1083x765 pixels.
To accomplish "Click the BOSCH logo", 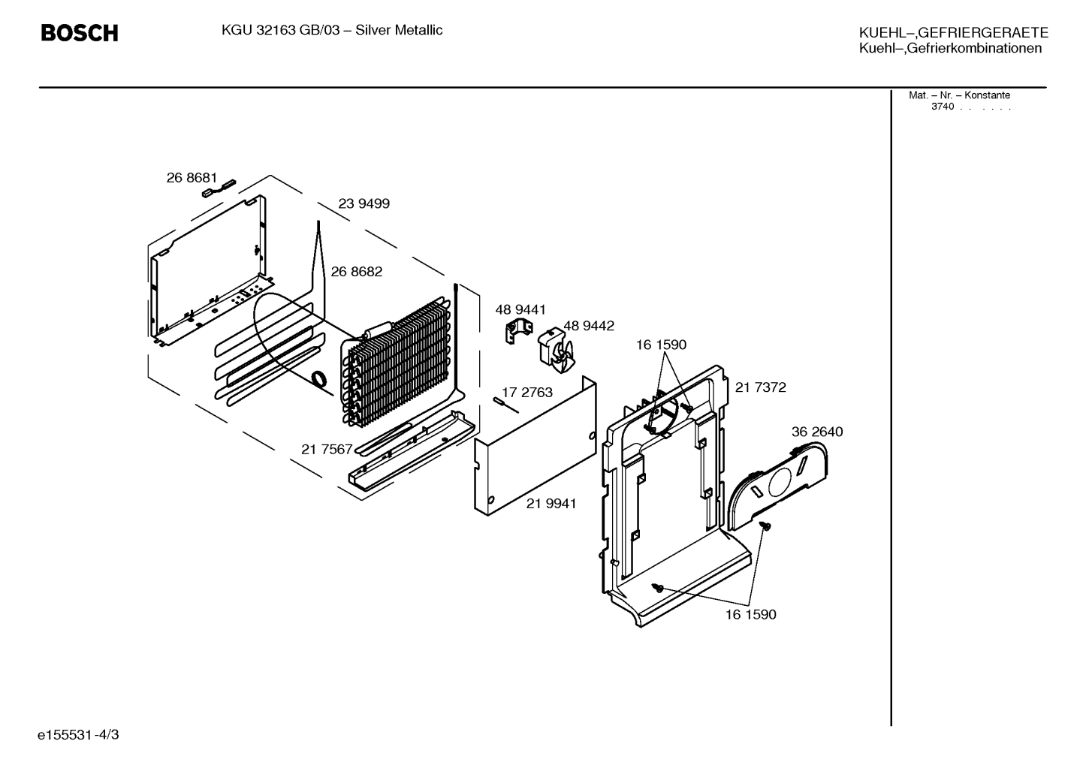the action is (x=80, y=33).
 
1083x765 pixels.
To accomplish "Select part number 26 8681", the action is (x=192, y=179).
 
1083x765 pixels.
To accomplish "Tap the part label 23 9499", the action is (x=364, y=204).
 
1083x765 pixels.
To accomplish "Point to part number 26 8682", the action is (x=356, y=272).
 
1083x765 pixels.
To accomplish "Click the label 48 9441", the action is (x=520, y=310).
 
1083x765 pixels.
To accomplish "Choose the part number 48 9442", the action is (x=589, y=327).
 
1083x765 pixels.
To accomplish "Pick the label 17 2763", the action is (x=527, y=393).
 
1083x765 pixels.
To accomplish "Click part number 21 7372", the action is (x=761, y=387).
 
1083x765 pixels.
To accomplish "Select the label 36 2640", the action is (x=817, y=432).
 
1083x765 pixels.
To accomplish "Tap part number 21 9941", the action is (x=551, y=504).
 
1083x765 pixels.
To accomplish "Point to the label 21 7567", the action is (x=327, y=450).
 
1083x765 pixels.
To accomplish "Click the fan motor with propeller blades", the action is (x=556, y=350).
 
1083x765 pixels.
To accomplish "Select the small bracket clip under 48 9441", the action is (x=517, y=332).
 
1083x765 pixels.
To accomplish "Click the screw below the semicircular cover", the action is (x=765, y=526).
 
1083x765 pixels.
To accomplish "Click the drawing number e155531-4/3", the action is (x=78, y=735).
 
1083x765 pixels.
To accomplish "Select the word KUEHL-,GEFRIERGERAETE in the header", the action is (x=953, y=33).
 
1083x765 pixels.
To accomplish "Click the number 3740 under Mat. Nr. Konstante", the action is (x=943, y=107).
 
